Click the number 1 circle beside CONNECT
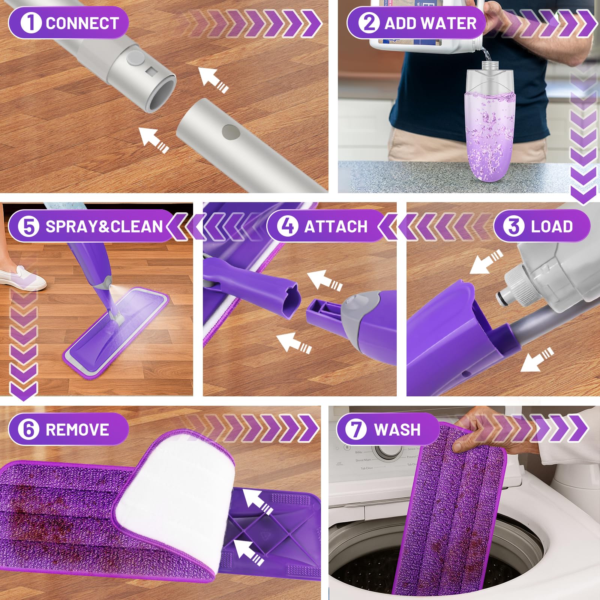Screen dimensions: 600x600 pos(31,22)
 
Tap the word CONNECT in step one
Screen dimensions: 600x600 pos(82,23)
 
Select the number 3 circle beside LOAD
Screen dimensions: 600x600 pos(513,226)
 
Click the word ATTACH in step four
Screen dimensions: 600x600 pos(336,226)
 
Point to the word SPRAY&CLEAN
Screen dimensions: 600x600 pos(104,226)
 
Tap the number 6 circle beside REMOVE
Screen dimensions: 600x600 pos(29,429)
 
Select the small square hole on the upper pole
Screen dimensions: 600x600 pos(152,70)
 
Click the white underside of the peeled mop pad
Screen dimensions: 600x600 pos(176,499)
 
